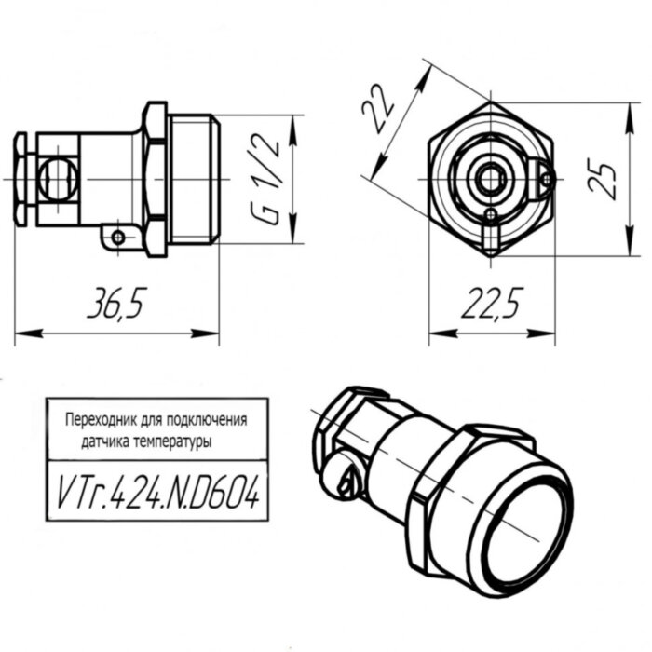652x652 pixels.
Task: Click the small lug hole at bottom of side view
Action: pyautogui.click(x=118, y=238)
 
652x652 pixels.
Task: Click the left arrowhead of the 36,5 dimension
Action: pyautogui.click(x=19, y=332)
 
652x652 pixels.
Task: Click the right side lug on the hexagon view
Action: pyautogui.click(x=545, y=176)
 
